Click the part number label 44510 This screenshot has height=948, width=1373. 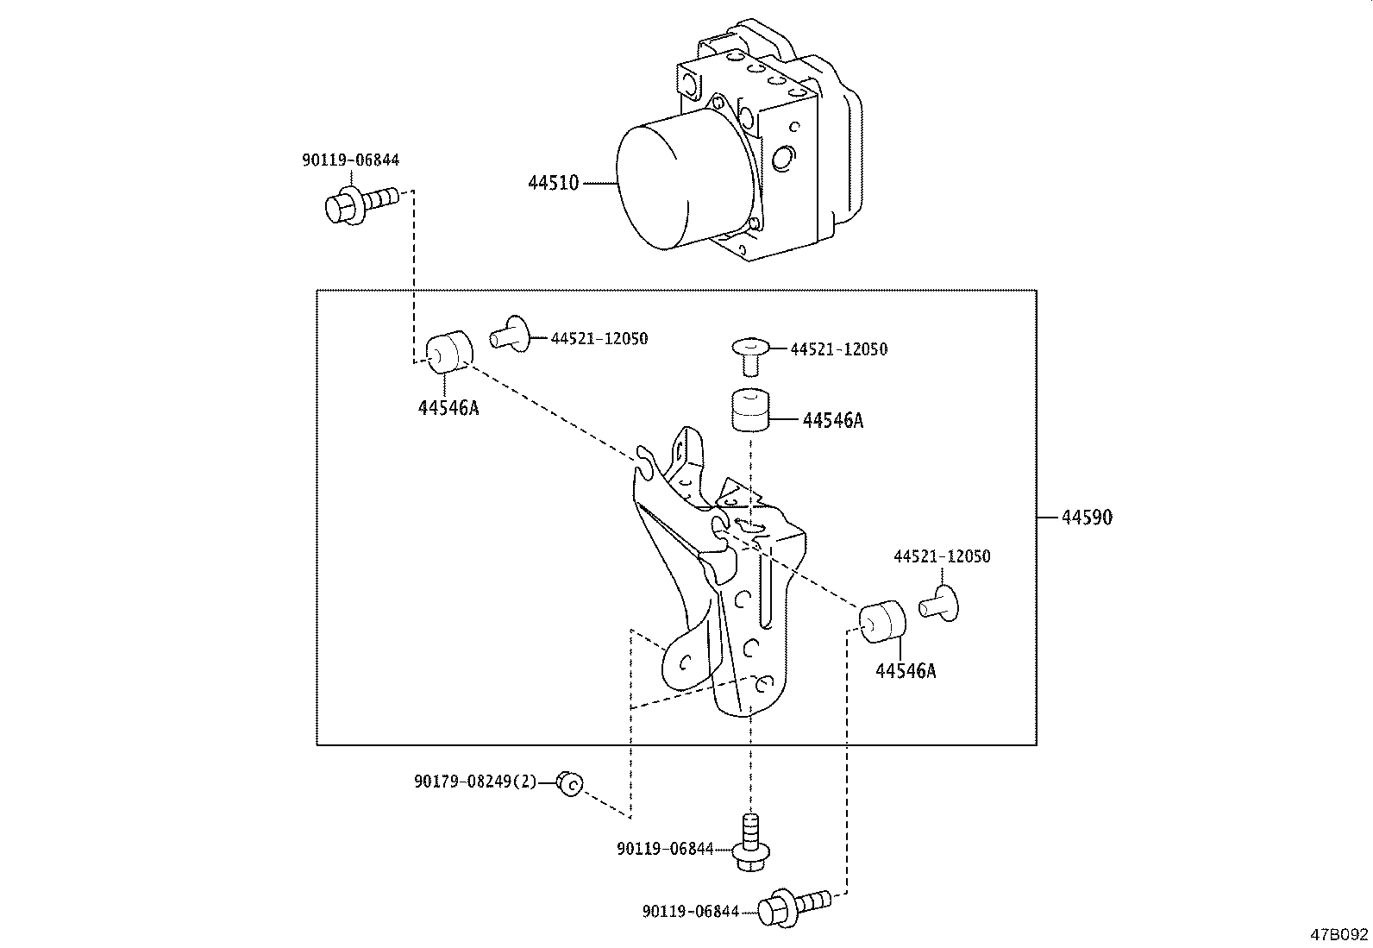553,183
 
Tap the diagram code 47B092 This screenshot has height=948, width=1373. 1339,934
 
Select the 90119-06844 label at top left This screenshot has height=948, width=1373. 350,160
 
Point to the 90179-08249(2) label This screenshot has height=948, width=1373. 474,782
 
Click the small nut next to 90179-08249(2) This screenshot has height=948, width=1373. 569,783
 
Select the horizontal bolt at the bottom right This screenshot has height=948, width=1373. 793,906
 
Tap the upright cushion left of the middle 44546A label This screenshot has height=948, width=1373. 750,409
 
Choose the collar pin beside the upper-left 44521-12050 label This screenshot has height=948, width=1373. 512,335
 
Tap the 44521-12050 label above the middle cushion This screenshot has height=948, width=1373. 838,349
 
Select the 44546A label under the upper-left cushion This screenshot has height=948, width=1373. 448,408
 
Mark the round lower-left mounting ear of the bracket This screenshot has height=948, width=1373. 686,662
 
